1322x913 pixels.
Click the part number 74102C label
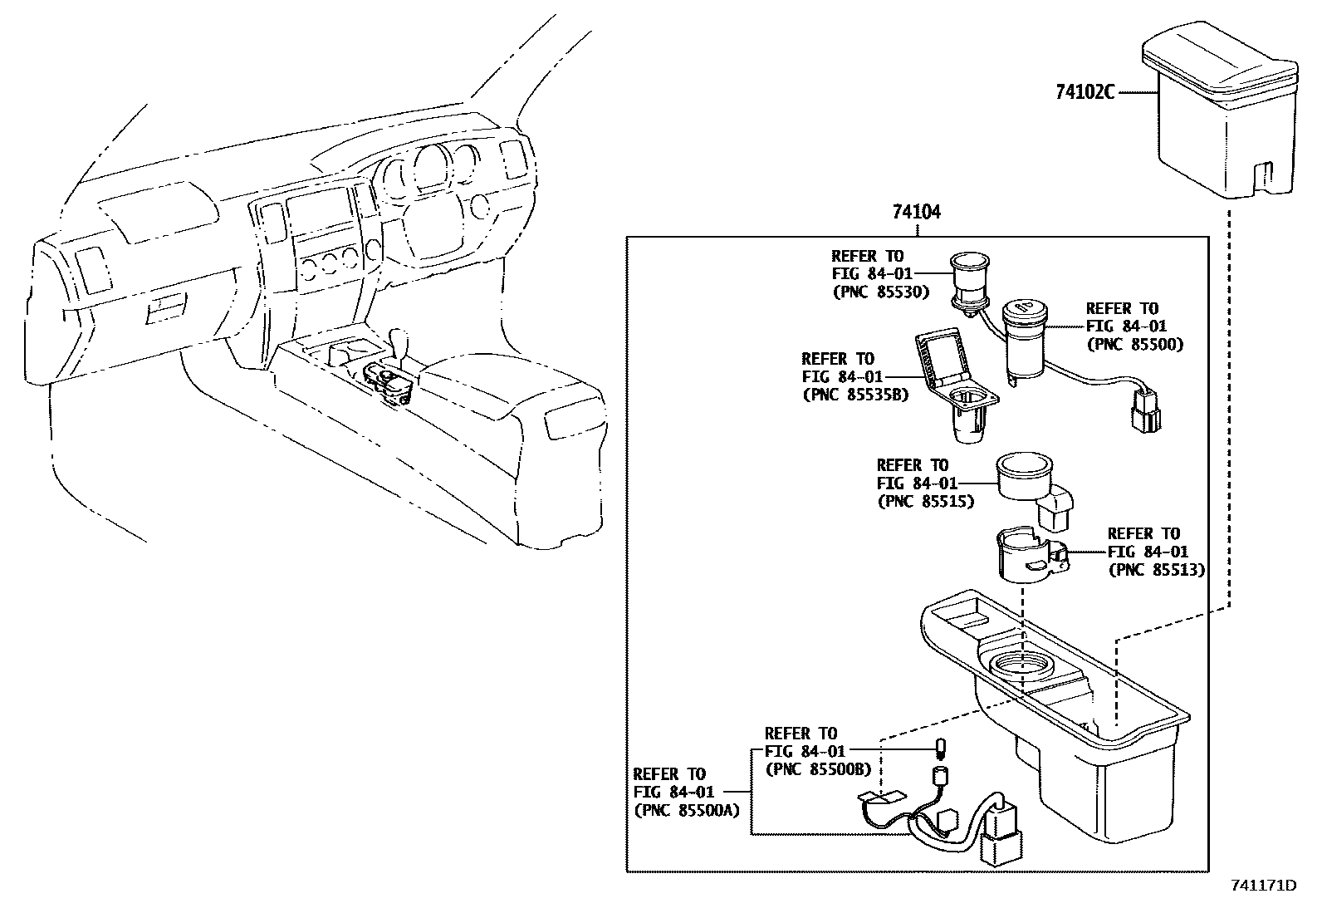1085,92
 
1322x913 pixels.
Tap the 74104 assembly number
917,212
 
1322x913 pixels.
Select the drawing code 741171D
1262,886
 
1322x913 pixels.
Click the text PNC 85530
880,292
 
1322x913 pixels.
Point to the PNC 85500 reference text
1134,344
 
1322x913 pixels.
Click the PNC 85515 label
925,502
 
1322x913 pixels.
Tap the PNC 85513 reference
1157,570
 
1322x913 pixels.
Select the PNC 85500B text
818,769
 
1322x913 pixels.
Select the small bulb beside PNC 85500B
942,749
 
